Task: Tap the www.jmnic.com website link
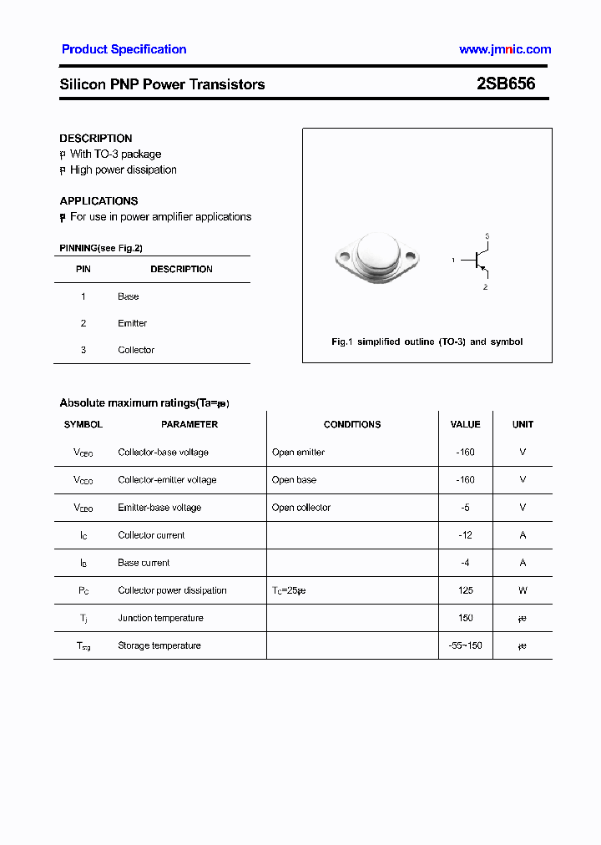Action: pyautogui.click(x=505, y=49)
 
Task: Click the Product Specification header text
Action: pyautogui.click(x=124, y=49)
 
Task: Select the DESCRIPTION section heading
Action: pyautogui.click(x=96, y=139)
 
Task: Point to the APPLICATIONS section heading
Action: pyautogui.click(x=98, y=201)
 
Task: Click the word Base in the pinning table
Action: pyautogui.click(x=129, y=296)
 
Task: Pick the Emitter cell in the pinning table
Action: pyautogui.click(x=132, y=323)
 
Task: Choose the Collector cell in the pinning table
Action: pyautogui.click(x=136, y=350)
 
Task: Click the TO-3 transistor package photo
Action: pyautogui.click(x=378, y=258)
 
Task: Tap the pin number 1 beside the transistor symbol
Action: pyautogui.click(x=453, y=261)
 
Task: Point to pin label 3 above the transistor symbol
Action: pyautogui.click(x=487, y=236)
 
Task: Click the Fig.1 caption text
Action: pyautogui.click(x=427, y=342)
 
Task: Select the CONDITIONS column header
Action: pyautogui.click(x=352, y=424)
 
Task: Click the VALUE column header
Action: pyautogui.click(x=466, y=424)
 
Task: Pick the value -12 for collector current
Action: pyautogui.click(x=466, y=535)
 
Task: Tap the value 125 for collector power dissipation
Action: pyautogui.click(x=466, y=590)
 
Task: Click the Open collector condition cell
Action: pyautogui.click(x=301, y=508)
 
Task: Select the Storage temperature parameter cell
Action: pyautogui.click(x=159, y=645)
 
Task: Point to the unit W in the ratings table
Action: pyautogui.click(x=523, y=590)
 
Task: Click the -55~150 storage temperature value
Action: pyautogui.click(x=466, y=645)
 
